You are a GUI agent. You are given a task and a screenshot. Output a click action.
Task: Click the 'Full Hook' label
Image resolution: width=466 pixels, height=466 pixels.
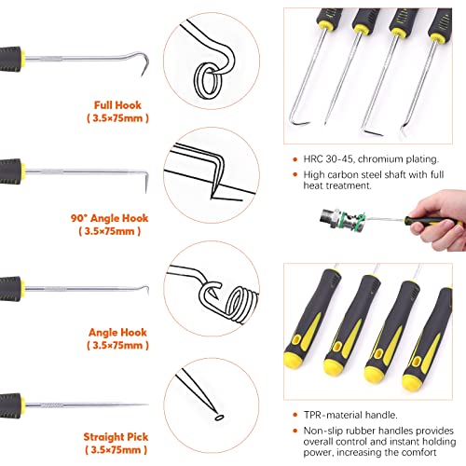coord(117,105)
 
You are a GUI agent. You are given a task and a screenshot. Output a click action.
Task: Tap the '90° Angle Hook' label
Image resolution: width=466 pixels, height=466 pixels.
coord(109,218)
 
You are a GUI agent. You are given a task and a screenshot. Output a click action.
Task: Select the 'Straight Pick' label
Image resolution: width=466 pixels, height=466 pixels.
coord(116,437)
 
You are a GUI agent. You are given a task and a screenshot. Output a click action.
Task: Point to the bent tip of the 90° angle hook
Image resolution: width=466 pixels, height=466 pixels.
coord(145,182)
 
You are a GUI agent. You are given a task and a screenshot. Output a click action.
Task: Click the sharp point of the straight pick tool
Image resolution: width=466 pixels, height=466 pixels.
coord(147,404)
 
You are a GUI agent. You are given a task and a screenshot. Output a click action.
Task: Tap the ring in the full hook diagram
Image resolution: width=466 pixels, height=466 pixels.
coord(209,81)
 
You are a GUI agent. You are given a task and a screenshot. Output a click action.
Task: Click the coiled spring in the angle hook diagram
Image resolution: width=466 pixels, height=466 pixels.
coord(241,306)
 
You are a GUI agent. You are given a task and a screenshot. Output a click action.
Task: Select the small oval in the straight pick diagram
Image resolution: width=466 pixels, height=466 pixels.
coord(220,418)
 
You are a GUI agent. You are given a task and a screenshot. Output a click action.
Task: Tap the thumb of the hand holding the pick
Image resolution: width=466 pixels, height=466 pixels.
coord(437,226)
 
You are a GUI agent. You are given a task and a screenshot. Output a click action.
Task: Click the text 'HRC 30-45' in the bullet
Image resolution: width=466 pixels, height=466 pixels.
coord(328,159)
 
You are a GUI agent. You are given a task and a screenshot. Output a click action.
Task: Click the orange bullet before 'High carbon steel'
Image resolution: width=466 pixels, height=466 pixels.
coord(295,174)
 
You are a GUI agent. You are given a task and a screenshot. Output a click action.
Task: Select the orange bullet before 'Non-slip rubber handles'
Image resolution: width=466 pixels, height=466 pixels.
coord(295,431)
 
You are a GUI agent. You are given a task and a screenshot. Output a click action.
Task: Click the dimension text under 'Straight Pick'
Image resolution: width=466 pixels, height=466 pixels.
coord(116,449)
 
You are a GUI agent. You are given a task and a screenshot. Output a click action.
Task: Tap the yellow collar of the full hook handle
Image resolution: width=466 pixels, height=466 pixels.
coord(22,60)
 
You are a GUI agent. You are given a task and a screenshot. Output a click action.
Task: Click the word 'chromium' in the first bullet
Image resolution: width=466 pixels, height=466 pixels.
coord(380,159)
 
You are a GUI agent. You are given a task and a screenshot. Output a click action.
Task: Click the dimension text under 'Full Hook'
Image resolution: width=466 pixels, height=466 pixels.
coord(117,118)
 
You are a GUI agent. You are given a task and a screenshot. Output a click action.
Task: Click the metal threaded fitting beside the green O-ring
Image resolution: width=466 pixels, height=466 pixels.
coord(331,217)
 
